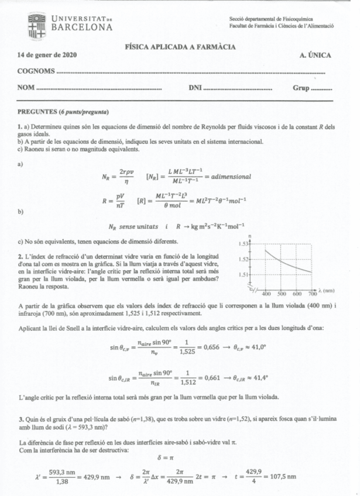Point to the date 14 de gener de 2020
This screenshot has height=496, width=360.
point(50,55)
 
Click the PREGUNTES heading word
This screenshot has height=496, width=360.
point(38,112)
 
